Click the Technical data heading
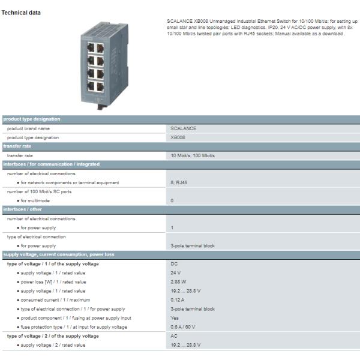[21, 13]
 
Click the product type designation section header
[32, 119]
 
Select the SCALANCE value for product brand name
[184, 128]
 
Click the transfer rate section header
[17, 146]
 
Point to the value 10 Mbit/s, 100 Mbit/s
[193, 155]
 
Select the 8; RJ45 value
[179, 183]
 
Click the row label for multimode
[35, 200]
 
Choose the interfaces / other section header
[23, 209]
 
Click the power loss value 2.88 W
[178, 282]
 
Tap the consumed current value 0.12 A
[178, 300]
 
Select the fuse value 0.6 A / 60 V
[183, 327]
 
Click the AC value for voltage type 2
[174, 336]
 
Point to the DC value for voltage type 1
[174, 264]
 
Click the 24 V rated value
[176, 273]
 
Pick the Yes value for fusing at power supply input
[175, 318]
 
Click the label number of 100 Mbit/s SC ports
[39, 192]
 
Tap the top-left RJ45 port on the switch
[91, 48]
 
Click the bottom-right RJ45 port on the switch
[100, 87]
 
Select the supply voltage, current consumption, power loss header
[59, 254]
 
